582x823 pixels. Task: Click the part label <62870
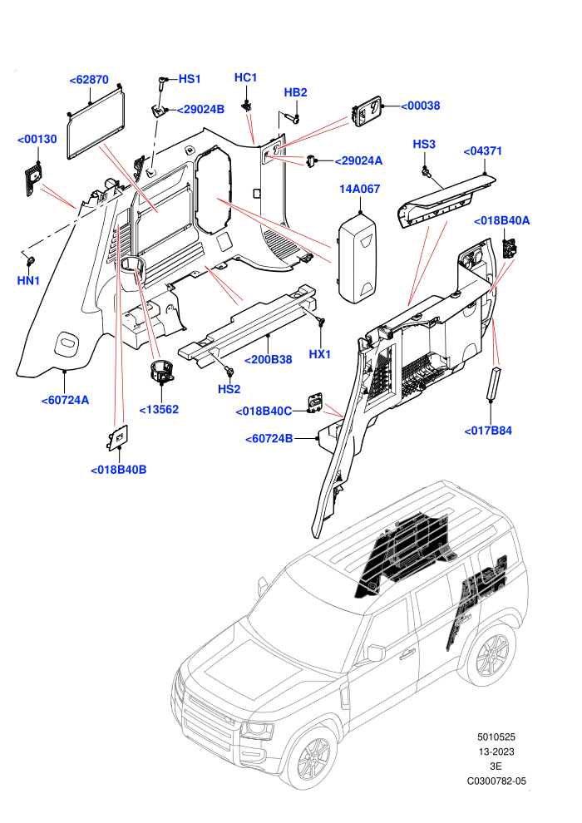[89, 80]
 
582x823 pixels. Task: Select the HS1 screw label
[190, 79]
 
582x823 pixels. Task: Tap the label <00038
[421, 106]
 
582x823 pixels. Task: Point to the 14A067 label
[359, 189]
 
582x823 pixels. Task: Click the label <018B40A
[501, 221]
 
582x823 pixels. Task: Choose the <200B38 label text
[269, 360]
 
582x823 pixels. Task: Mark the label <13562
[159, 409]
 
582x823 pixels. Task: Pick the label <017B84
[488, 431]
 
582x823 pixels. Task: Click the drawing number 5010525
[496, 737]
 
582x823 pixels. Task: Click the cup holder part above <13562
[161, 370]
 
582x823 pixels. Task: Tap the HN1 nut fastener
[31, 259]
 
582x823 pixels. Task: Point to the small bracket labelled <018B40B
[117, 437]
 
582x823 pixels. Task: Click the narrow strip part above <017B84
[496, 384]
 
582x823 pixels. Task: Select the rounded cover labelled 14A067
[358, 257]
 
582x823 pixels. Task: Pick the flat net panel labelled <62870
[96, 123]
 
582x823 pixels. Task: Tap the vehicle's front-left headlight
[258, 730]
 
